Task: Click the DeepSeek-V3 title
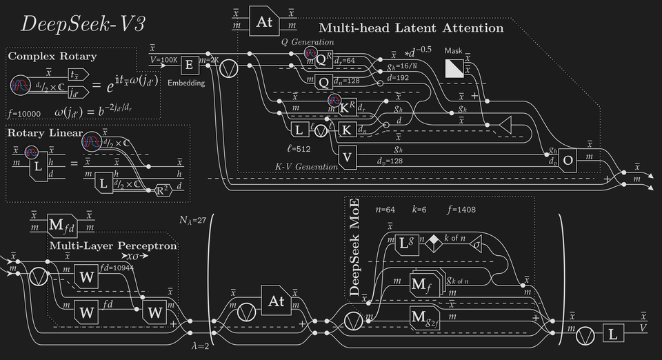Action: tap(83, 23)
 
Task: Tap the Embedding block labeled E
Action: tap(188, 66)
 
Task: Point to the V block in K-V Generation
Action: tap(348, 157)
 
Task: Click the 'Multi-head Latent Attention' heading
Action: tap(411, 28)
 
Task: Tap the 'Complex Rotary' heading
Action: tap(52, 56)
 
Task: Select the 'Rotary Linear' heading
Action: tap(45, 132)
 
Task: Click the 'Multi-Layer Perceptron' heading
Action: tap(113, 246)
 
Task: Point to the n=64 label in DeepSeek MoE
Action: tap(385, 210)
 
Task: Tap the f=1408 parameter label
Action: tap(462, 210)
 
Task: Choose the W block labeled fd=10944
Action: tap(87, 277)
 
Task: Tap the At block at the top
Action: tap(265, 21)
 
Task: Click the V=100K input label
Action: tap(163, 60)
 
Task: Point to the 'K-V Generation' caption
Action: tap(306, 166)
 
